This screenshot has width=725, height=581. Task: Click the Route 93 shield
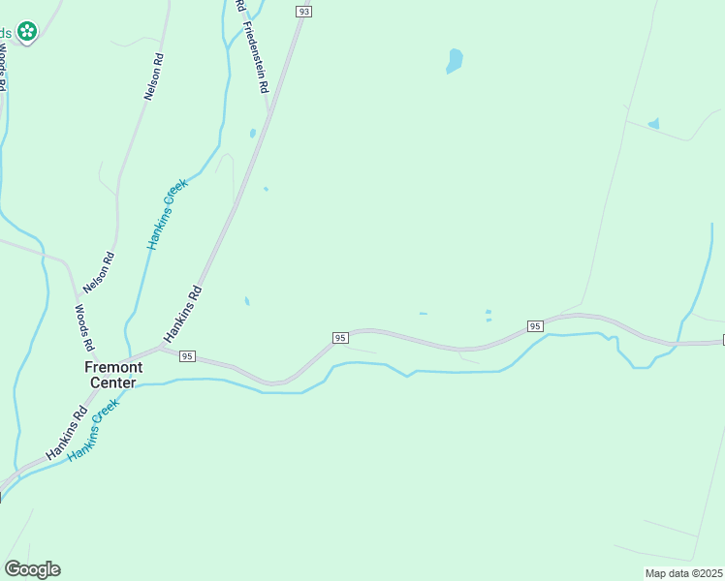click(x=304, y=12)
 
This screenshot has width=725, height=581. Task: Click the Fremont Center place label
click(x=113, y=374)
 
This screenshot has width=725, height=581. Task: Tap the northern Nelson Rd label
click(x=154, y=76)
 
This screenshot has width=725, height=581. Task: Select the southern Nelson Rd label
click(x=100, y=272)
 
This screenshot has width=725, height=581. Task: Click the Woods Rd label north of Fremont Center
click(x=84, y=327)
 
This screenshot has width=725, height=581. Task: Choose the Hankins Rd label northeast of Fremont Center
click(x=182, y=313)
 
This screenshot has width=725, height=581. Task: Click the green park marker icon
click(x=27, y=31)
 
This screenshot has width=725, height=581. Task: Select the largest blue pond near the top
click(x=454, y=61)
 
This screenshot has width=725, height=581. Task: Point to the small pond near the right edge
click(x=653, y=124)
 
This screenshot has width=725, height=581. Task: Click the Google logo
click(x=32, y=569)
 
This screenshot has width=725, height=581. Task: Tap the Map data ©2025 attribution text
click(x=684, y=573)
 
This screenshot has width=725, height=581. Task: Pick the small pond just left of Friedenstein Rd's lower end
click(x=252, y=134)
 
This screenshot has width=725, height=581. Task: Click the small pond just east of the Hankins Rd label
click(x=247, y=301)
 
